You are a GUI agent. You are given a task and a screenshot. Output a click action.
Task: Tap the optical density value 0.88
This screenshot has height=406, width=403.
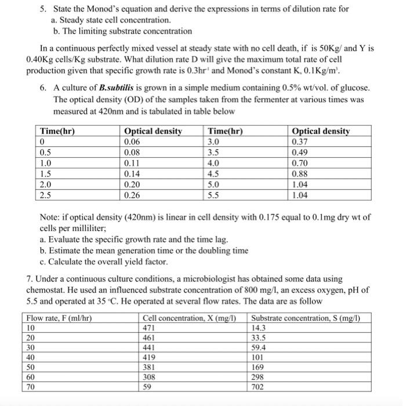300,173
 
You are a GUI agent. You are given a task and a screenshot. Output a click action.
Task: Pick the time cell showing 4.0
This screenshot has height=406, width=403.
213,163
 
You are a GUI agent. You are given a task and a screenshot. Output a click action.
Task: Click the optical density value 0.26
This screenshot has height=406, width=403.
133,194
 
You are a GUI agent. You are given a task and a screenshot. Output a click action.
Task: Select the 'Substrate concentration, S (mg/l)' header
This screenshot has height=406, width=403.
306,317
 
